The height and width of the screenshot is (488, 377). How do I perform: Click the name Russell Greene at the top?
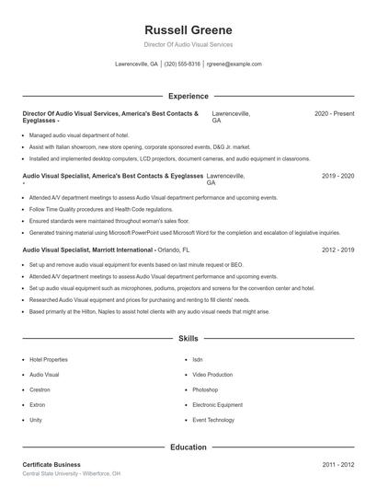(x=188, y=30)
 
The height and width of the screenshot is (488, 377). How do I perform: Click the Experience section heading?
(x=188, y=96)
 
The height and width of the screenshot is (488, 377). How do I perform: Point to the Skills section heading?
(x=188, y=339)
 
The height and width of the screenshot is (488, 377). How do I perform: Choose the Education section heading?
(x=188, y=447)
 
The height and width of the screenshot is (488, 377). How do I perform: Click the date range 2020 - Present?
(x=334, y=113)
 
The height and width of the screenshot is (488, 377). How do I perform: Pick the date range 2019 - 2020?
(x=337, y=175)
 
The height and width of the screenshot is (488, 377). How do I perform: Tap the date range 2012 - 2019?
(x=337, y=250)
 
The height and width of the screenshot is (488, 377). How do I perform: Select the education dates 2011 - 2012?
(x=337, y=465)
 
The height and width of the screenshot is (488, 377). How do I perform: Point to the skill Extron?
(x=38, y=405)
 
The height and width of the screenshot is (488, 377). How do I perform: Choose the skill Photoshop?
(x=205, y=390)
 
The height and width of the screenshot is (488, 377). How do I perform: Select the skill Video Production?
(x=212, y=376)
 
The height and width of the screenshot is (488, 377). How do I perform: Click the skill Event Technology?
(x=213, y=420)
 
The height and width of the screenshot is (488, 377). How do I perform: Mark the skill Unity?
(x=36, y=420)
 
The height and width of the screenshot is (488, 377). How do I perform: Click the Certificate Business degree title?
(x=51, y=465)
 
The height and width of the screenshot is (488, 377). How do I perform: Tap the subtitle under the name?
(x=188, y=44)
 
